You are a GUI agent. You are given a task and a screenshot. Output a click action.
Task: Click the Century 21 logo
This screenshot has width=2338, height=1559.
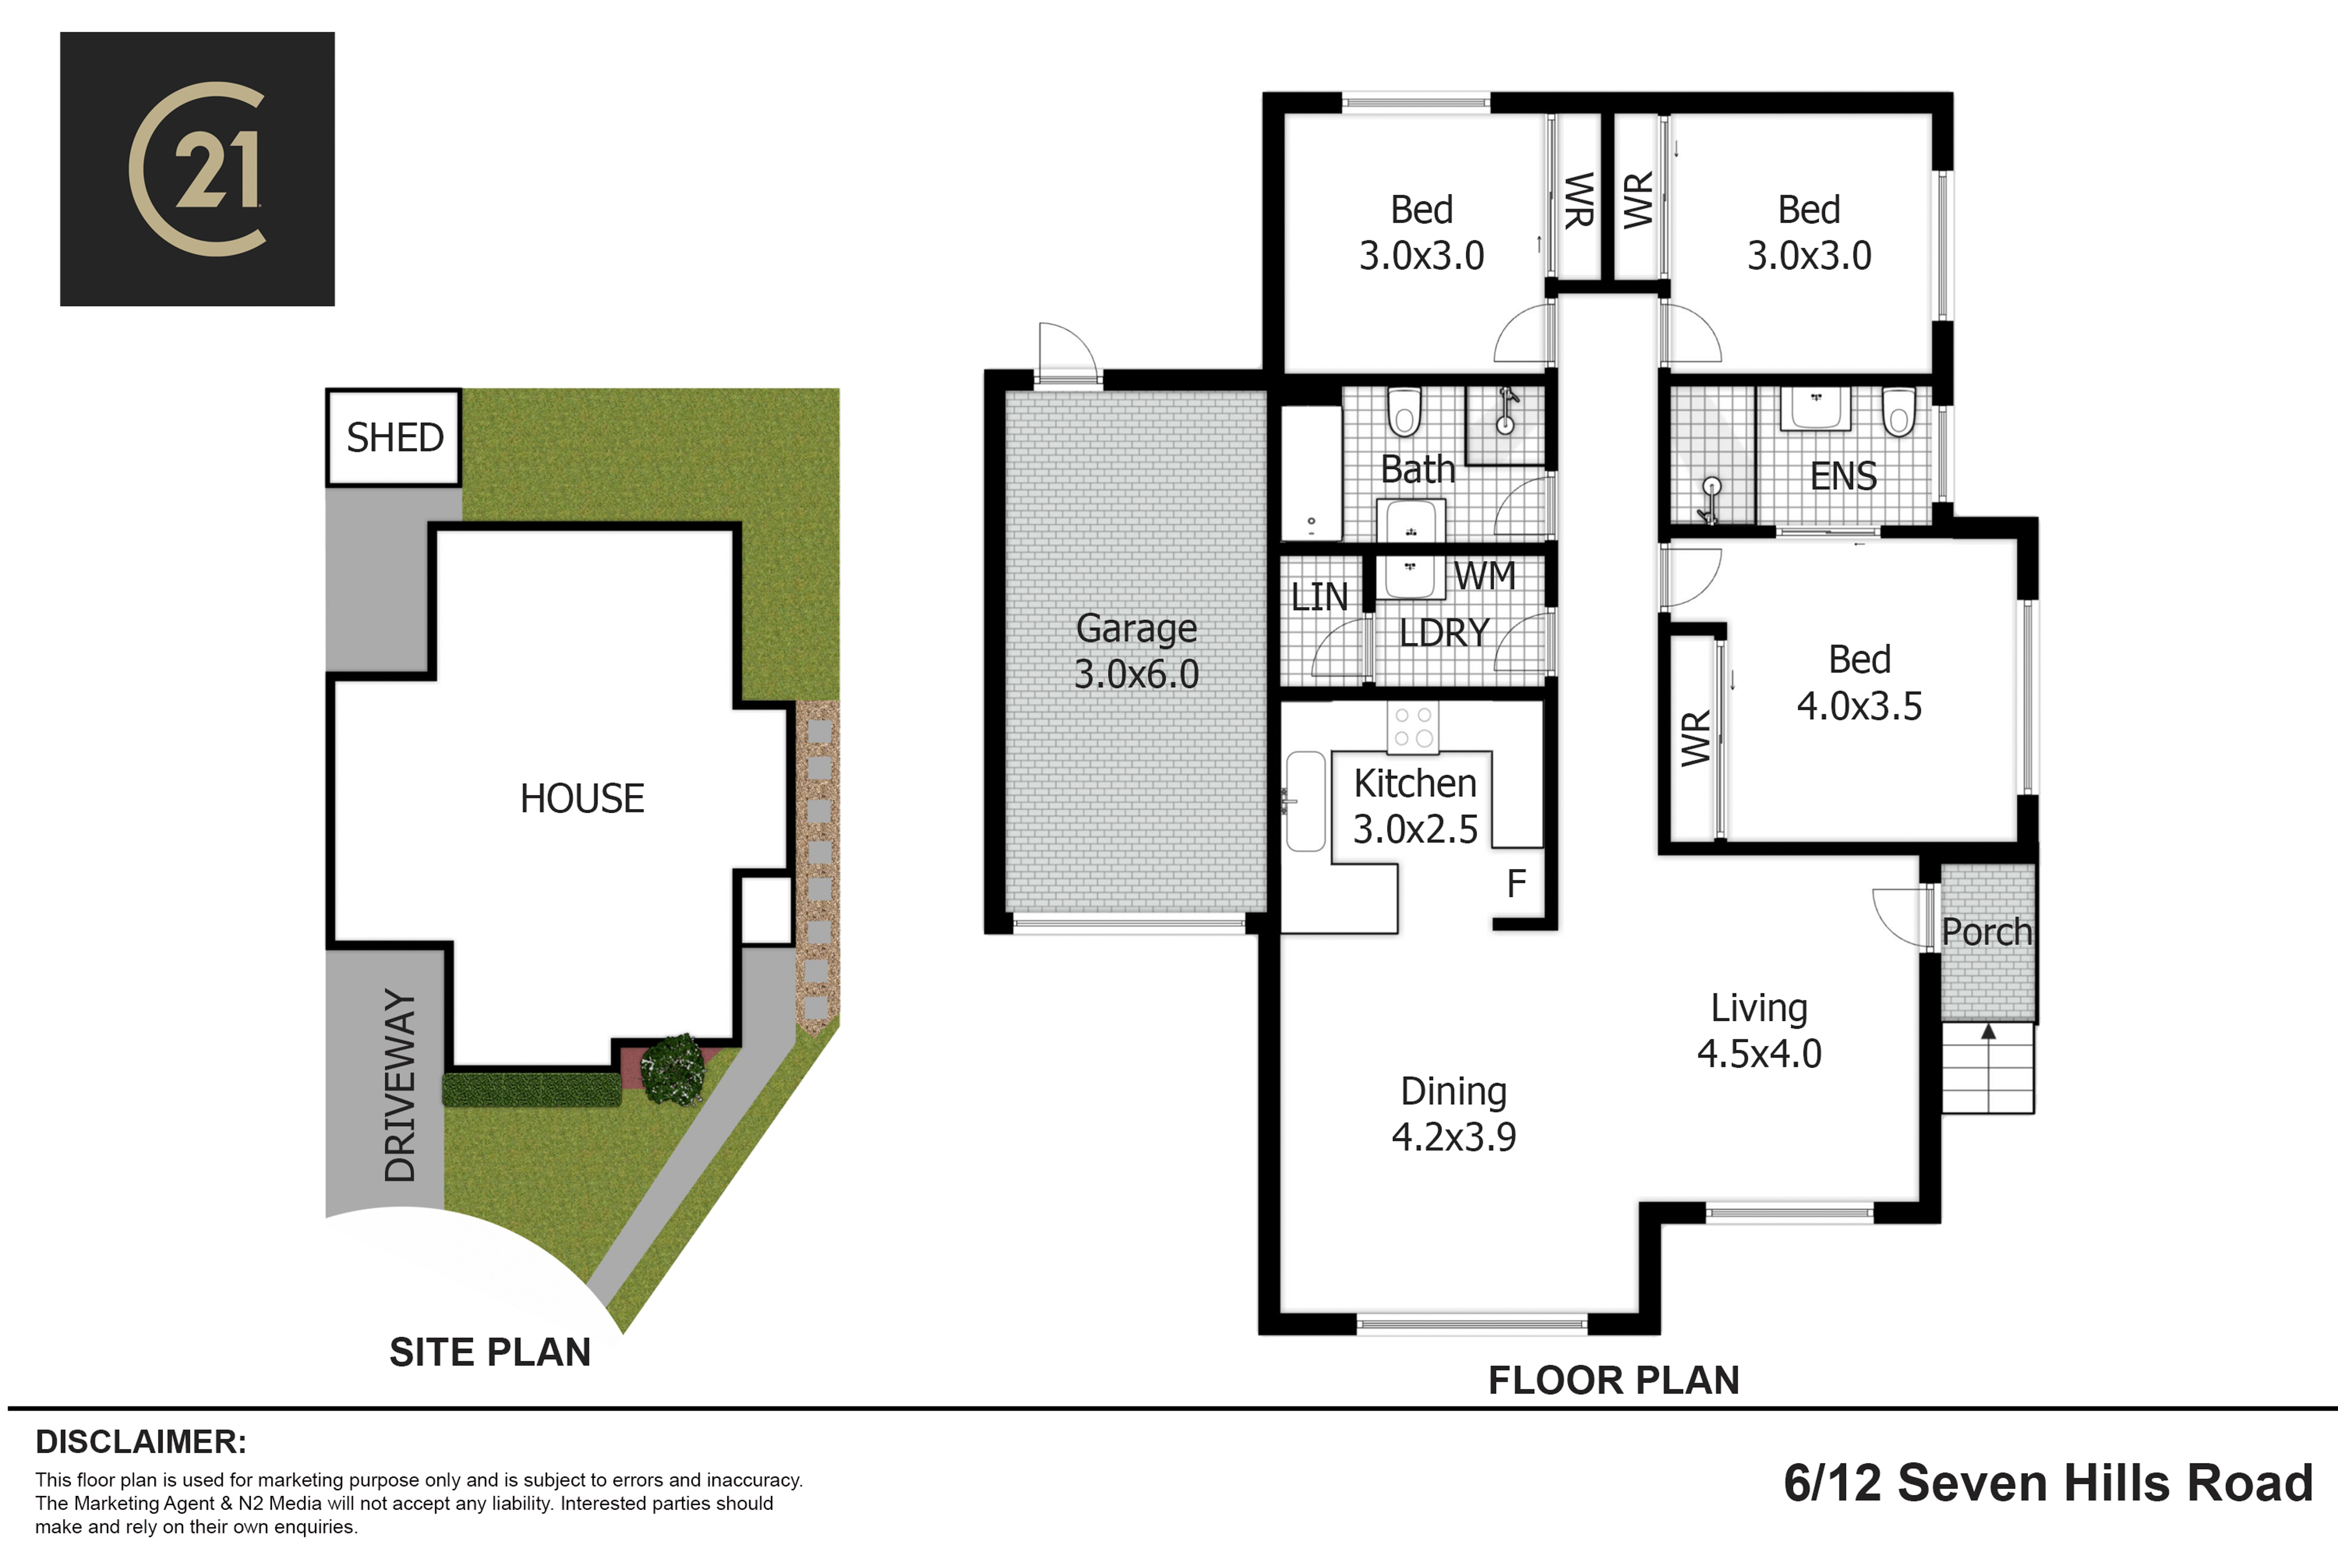pyautogui.click(x=197, y=169)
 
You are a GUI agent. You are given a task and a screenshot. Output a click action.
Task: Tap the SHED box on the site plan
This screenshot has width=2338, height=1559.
pyautogui.click(x=393, y=437)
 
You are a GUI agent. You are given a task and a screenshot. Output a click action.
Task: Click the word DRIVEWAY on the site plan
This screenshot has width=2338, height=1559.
pyautogui.click(x=400, y=1085)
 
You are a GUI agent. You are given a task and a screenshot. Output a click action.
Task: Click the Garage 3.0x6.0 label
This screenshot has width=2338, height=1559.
pyautogui.click(x=1136, y=651)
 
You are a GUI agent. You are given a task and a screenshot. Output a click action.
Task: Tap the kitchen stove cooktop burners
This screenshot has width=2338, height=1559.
pyautogui.click(x=1413, y=727)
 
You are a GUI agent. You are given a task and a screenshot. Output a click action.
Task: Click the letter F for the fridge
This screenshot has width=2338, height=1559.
pyautogui.click(x=1516, y=883)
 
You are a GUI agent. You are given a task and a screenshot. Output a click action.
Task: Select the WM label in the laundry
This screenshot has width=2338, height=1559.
pyautogui.click(x=1484, y=576)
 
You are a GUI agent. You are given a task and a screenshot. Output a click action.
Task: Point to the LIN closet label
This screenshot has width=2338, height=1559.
pyautogui.click(x=1319, y=597)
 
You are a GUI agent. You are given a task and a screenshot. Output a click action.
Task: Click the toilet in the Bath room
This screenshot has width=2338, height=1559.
pyautogui.click(x=1405, y=412)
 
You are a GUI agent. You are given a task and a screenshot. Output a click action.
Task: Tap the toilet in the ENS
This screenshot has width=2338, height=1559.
pyautogui.click(x=1898, y=412)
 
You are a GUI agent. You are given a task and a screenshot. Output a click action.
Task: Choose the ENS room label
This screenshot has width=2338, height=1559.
pyautogui.click(x=1843, y=476)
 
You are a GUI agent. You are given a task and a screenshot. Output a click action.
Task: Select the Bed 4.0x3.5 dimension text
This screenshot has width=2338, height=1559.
pyautogui.click(x=1859, y=706)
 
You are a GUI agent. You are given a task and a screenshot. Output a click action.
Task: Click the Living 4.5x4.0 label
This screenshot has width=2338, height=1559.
pyautogui.click(x=1759, y=1031)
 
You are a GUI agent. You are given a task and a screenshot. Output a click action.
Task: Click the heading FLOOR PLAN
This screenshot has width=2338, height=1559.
pyautogui.click(x=1613, y=1380)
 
